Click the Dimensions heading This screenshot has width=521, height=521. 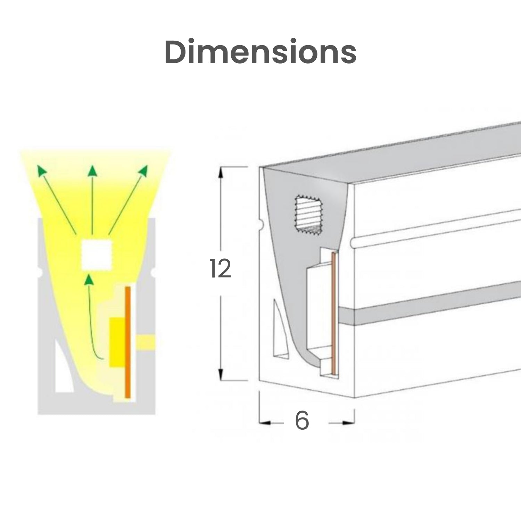click(260, 52)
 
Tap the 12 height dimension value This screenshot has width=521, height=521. click(220, 268)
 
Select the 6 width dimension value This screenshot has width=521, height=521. click(302, 421)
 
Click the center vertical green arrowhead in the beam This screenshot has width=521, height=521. click(92, 170)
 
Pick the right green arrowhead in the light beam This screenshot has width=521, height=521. click(143, 170)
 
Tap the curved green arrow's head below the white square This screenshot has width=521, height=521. click(89, 280)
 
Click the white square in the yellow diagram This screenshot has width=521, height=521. click(97, 255)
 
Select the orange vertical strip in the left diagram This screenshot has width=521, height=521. click(127, 342)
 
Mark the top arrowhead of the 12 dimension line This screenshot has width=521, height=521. click(221, 173)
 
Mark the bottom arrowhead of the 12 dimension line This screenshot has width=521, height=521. click(220, 374)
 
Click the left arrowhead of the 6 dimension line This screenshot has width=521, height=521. click(265, 423)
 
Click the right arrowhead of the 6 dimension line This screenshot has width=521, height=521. click(348, 423)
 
